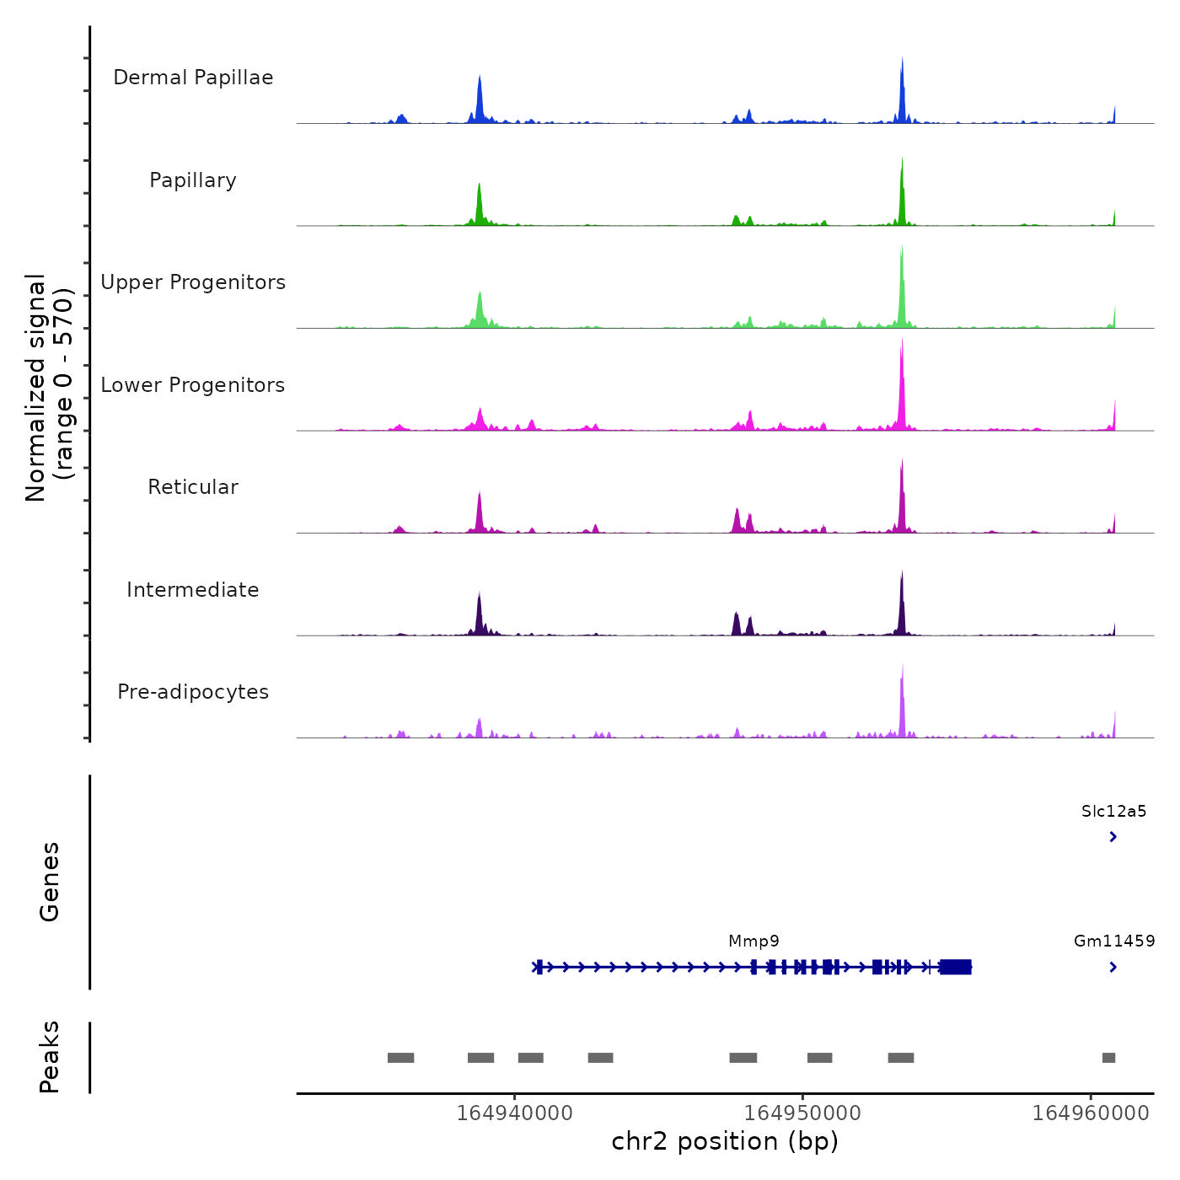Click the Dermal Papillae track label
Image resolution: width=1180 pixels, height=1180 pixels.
(193, 78)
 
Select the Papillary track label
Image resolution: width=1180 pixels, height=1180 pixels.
(193, 180)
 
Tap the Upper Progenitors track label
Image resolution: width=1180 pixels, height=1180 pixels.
(193, 282)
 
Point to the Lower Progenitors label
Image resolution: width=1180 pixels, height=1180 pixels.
(193, 385)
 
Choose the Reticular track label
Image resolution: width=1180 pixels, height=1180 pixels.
(193, 487)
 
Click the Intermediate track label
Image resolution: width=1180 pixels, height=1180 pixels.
(193, 590)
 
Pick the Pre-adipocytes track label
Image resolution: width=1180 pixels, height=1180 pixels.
(193, 692)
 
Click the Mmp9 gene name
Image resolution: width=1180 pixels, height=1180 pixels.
(754, 941)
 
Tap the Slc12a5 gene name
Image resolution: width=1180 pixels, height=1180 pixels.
(1113, 812)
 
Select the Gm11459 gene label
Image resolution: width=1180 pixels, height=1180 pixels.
(1113, 941)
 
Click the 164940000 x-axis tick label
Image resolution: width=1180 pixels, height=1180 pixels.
(514, 1113)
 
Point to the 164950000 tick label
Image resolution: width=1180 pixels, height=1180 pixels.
(802, 1113)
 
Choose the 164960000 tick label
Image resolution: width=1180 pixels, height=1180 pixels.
(1091, 1113)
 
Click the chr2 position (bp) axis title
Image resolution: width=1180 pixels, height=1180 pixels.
(725, 1141)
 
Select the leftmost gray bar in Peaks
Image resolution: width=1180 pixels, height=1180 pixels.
(400, 1058)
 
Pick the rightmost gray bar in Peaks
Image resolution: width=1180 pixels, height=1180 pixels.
(1108, 1058)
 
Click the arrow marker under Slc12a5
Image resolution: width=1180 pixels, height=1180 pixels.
(1113, 837)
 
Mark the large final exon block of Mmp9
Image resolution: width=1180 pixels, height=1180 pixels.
(956, 967)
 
